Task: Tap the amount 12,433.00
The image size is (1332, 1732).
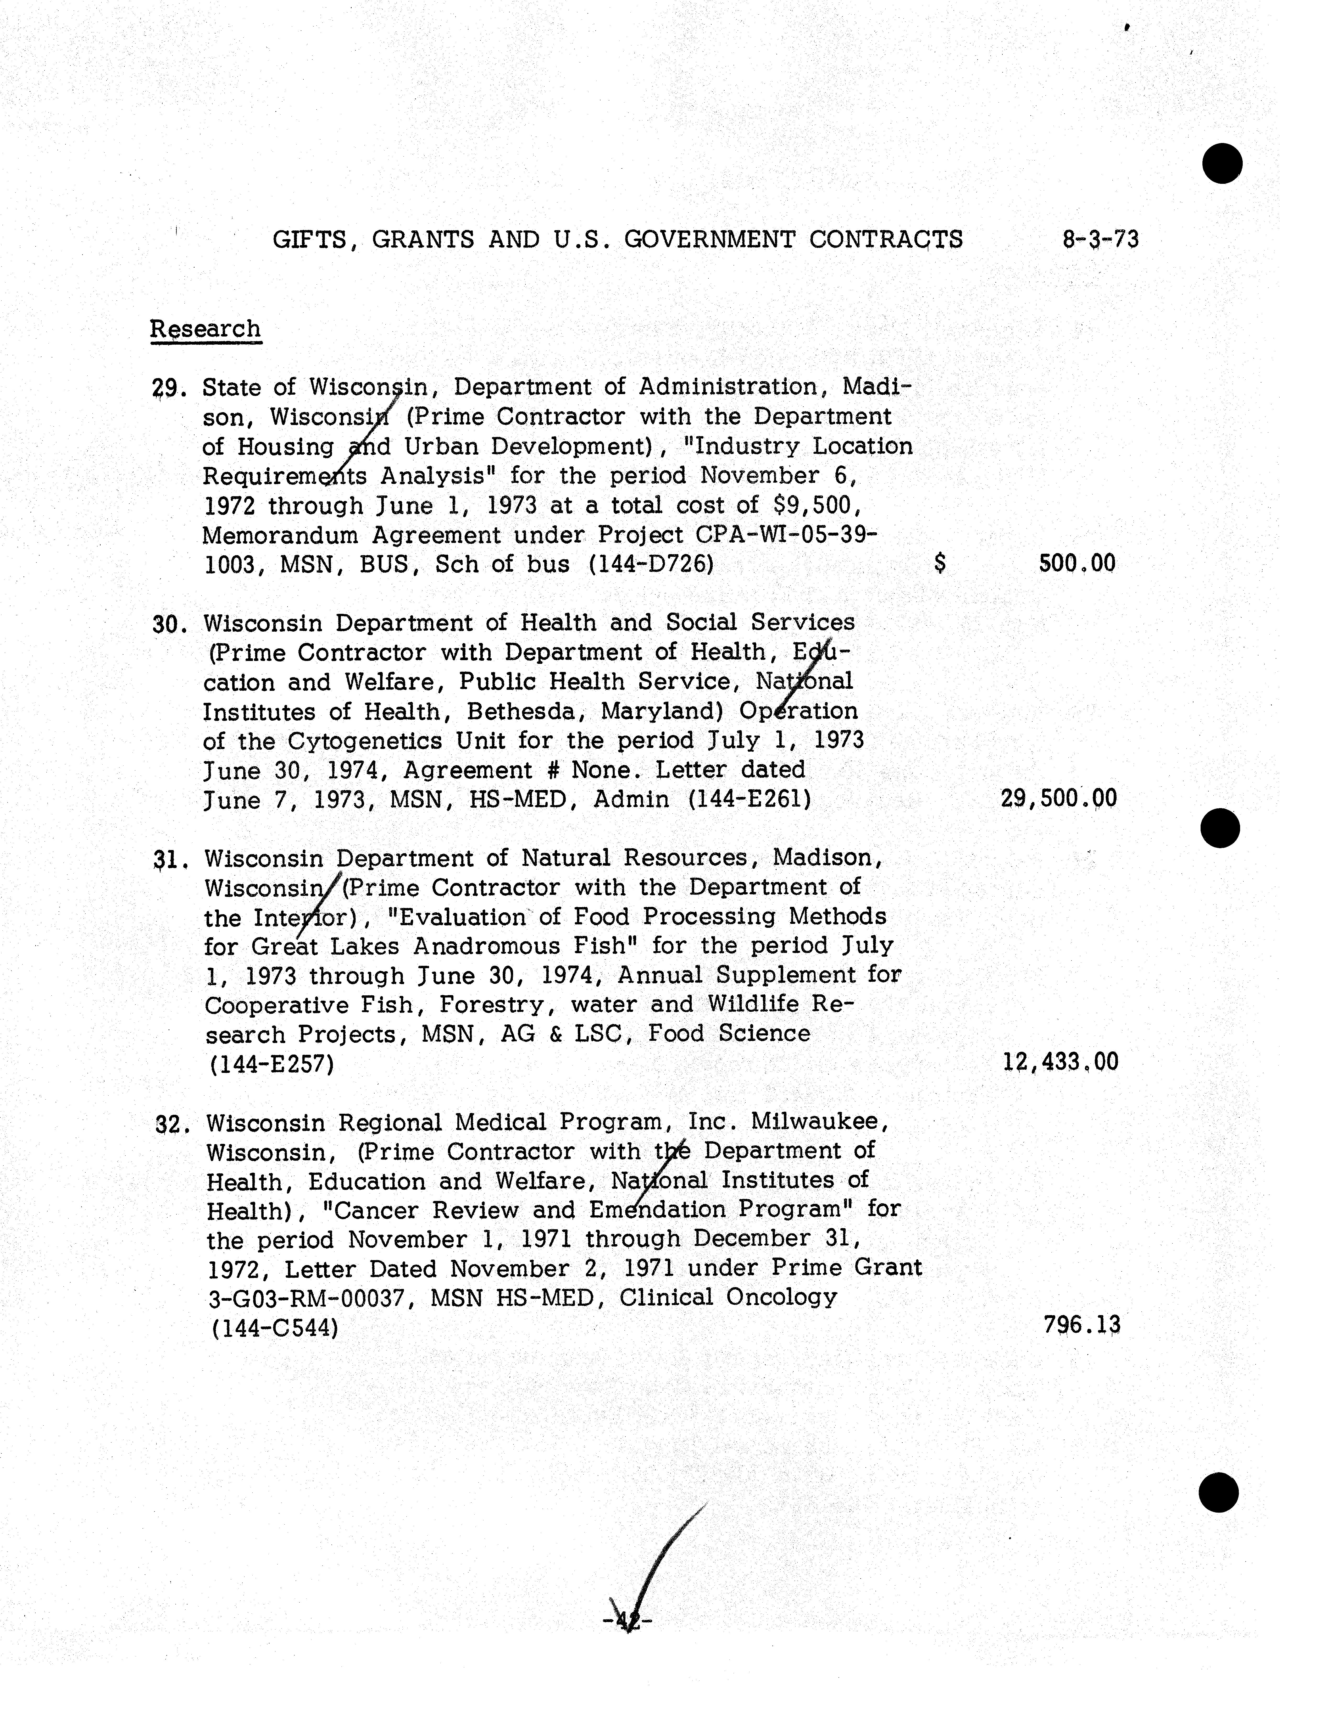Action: [x=1060, y=1062]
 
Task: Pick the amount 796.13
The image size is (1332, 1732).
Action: [x=1081, y=1325]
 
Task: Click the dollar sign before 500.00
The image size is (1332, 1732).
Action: [x=940, y=564]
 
